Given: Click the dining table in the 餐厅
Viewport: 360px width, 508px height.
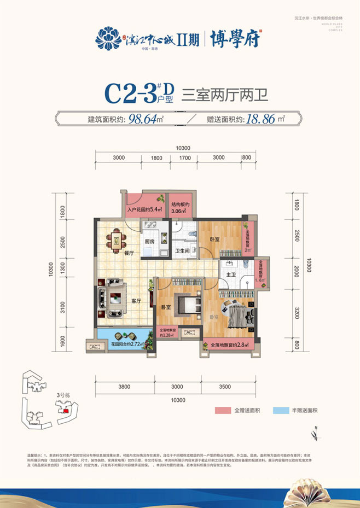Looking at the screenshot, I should click(115, 239).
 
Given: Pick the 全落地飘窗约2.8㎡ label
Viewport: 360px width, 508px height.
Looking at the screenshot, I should click(226, 346).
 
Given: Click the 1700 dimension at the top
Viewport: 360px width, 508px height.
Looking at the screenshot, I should click(184, 157).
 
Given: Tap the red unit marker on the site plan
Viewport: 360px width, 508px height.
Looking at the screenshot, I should click(65, 410).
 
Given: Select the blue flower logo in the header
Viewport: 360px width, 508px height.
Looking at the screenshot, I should click(108, 38).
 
